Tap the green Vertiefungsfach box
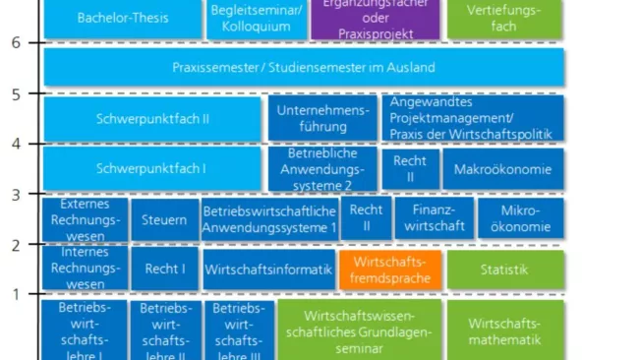[504, 18]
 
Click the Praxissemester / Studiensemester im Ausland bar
[304, 68]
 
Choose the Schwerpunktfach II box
[151, 118]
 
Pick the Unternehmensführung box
[322, 118]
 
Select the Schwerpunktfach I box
[151, 169]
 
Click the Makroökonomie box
[503, 169]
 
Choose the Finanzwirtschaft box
[435, 219]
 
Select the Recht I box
[165, 269]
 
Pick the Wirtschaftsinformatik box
[267, 269]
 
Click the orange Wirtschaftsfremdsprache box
[390, 270]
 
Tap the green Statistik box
[505, 270]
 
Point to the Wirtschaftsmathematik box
[505, 330]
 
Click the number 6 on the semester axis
[16, 43]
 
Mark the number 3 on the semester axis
[16, 194]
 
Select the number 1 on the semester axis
[16, 294]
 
